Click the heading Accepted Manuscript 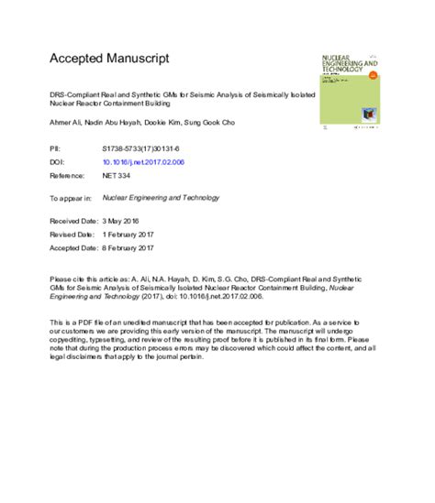(x=109, y=59)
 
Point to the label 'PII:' (x=54, y=147)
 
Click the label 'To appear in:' (x=70, y=196)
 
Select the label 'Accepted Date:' (x=74, y=246)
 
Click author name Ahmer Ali (x=64, y=121)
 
